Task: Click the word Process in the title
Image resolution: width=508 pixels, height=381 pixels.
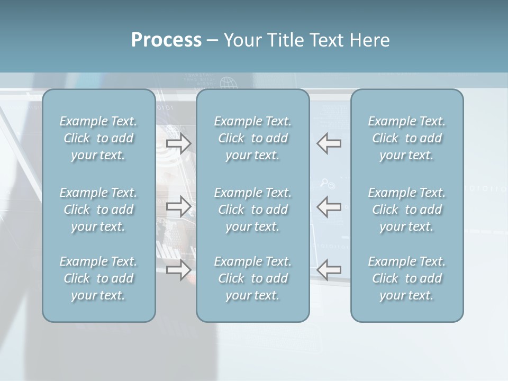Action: click(166, 40)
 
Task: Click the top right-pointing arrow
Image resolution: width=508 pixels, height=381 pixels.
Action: click(179, 143)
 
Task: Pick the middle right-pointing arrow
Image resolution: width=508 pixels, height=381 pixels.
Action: click(179, 206)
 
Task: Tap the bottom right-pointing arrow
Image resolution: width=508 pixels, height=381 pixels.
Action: click(179, 269)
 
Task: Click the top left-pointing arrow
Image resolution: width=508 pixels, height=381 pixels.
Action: click(329, 143)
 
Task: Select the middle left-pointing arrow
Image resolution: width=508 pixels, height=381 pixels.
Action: click(329, 206)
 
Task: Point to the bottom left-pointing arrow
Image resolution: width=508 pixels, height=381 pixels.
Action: click(329, 269)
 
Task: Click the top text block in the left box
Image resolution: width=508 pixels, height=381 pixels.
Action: click(98, 138)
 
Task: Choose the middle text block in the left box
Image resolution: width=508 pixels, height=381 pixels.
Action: click(98, 210)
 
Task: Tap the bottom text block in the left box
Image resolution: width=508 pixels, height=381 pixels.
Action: click(98, 278)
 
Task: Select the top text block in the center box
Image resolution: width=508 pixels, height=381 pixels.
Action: click(253, 138)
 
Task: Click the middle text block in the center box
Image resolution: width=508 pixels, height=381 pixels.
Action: click(253, 210)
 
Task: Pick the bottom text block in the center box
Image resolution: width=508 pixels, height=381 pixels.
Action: click(253, 278)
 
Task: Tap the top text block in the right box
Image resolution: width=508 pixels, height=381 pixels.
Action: click(407, 138)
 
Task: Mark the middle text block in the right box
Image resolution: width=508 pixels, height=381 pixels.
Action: click(407, 210)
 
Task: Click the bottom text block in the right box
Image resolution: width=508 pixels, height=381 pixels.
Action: click(407, 278)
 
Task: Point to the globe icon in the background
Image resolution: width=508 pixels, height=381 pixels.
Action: click(228, 83)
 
